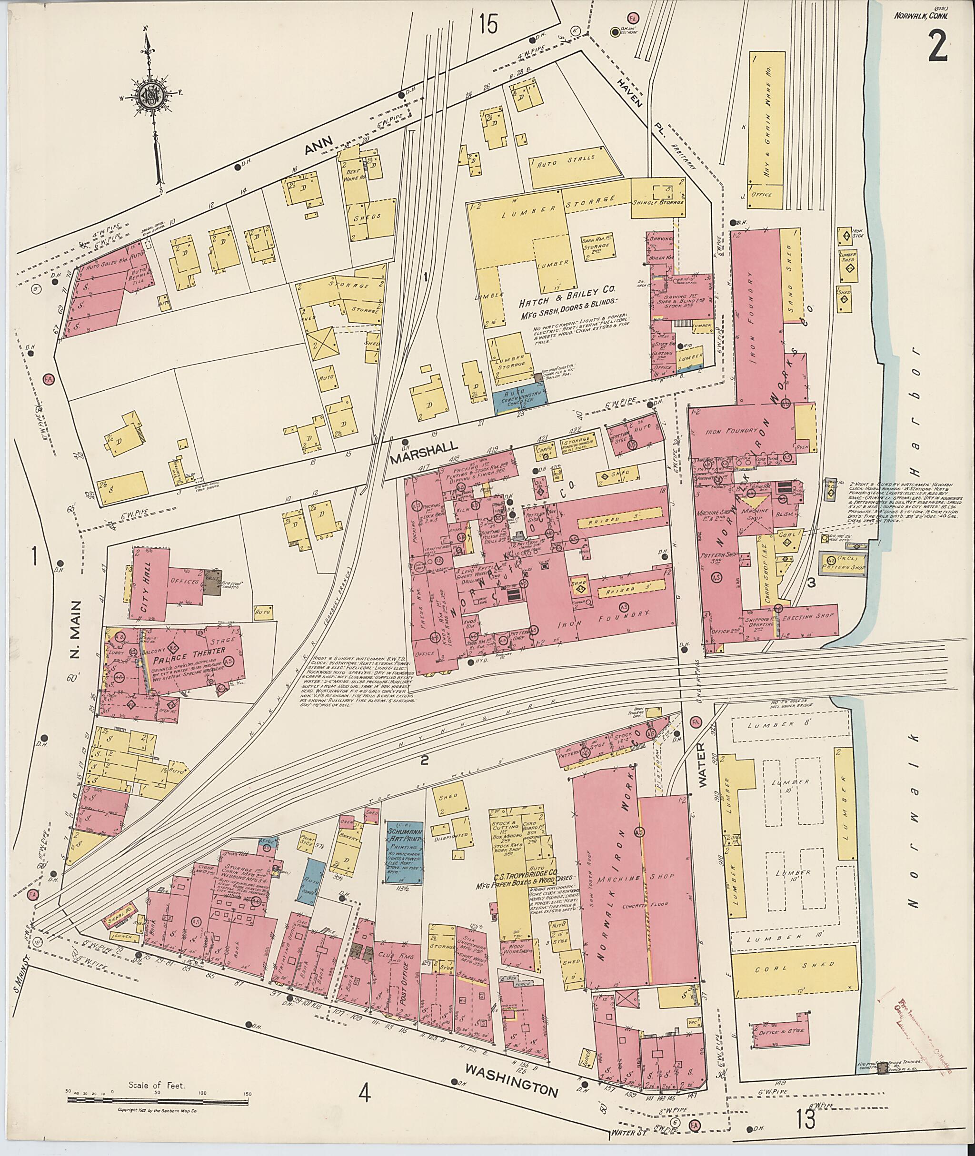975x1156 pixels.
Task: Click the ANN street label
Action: point(318,147)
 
